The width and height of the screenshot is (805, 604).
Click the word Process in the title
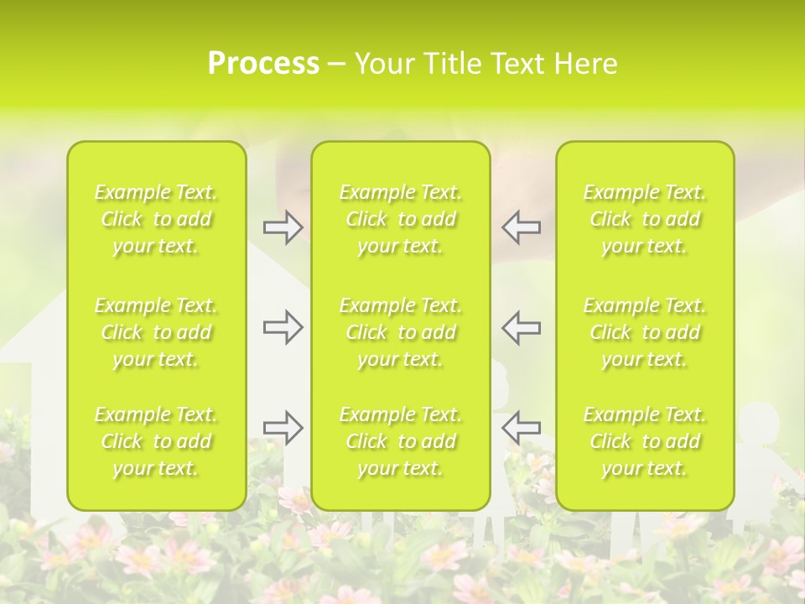263,64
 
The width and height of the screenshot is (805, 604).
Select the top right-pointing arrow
283,227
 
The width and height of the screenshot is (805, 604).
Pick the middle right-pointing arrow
283,327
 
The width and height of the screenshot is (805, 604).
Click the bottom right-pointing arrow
283,428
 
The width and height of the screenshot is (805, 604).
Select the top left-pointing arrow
522,227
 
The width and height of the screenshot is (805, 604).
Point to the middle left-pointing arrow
522,327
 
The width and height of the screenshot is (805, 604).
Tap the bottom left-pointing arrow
522,428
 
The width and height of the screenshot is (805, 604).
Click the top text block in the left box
156,220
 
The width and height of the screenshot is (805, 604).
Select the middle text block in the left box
156,332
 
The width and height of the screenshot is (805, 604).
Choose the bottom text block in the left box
156,441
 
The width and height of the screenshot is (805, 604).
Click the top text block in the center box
401,220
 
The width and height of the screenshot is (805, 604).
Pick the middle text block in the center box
401,332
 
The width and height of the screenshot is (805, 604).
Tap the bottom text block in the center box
401,441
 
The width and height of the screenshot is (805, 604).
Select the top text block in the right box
645,220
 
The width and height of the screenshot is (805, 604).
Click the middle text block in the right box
645,332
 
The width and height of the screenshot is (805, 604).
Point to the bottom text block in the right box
645,441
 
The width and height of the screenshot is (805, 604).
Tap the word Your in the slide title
385,64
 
